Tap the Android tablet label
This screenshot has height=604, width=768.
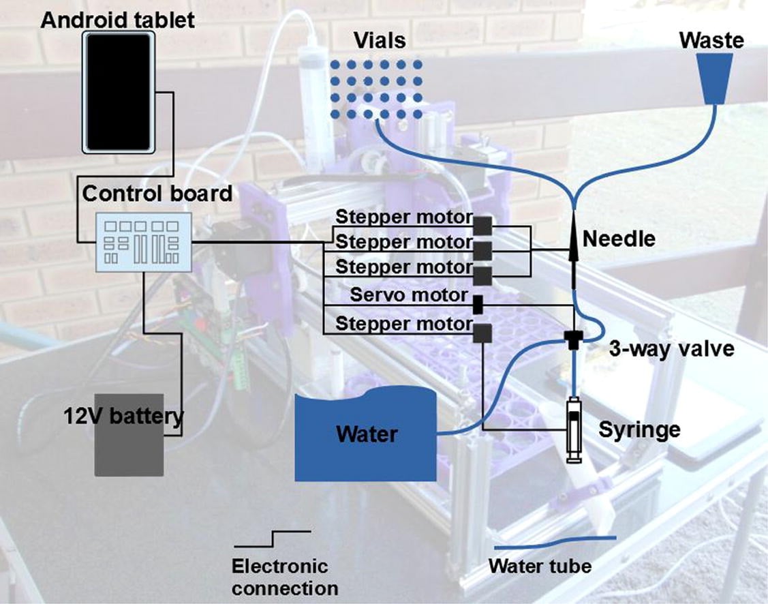pyautogui.click(x=118, y=20)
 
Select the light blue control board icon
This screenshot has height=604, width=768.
pyautogui.click(x=143, y=242)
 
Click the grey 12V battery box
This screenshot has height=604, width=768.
pyautogui.click(x=129, y=435)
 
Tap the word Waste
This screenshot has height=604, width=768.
pyautogui.click(x=711, y=40)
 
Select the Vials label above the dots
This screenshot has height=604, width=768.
pyautogui.click(x=380, y=40)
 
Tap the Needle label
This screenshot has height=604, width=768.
pyautogui.click(x=619, y=239)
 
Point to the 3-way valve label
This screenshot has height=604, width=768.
pyautogui.click(x=671, y=349)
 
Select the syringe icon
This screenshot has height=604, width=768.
pyautogui.click(x=574, y=429)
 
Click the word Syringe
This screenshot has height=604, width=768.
pyautogui.click(x=639, y=430)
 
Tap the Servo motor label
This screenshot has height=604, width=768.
pyautogui.click(x=409, y=295)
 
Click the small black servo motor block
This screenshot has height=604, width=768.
pyautogui.click(x=478, y=304)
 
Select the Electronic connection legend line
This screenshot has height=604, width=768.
pyautogui.click(x=273, y=539)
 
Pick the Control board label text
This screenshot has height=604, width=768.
pyautogui.click(x=157, y=194)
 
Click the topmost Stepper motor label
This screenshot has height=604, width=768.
pyautogui.click(x=403, y=218)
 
